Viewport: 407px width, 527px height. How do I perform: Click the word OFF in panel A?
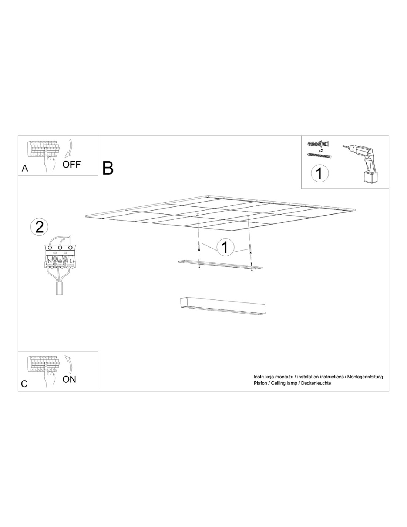[71, 165]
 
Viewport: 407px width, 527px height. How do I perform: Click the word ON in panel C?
[69, 379]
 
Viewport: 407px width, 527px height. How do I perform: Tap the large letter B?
[108, 168]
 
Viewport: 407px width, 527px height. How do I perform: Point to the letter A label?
[25, 168]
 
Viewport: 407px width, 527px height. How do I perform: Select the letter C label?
[24, 384]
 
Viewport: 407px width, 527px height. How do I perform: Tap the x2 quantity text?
[320, 150]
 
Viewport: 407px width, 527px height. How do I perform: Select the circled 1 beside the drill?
[320, 173]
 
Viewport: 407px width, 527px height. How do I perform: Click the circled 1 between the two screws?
[225, 247]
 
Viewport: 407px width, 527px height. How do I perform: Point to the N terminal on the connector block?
[50, 261]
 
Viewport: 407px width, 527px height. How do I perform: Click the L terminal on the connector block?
[70, 261]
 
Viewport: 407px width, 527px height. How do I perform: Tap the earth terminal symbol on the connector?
[60, 261]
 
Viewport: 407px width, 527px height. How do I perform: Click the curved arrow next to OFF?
[69, 148]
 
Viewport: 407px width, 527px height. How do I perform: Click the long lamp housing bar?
[223, 307]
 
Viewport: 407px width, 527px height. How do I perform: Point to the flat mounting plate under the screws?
[220, 265]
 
